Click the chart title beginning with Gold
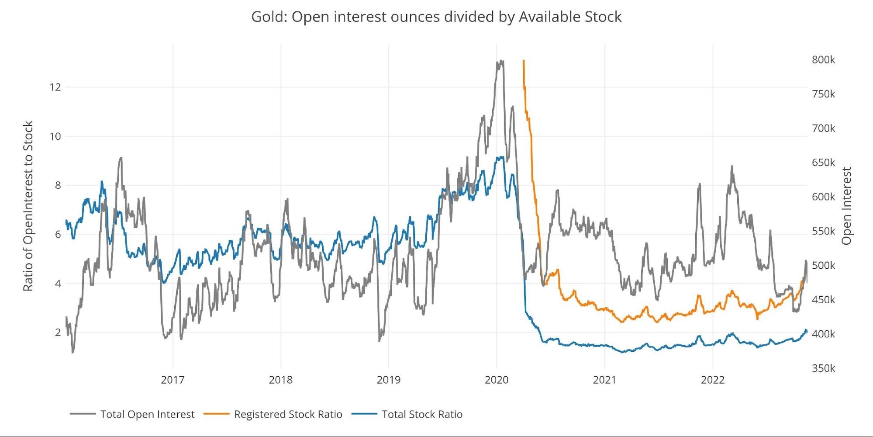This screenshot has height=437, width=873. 436,17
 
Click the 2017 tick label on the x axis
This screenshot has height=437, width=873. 173,380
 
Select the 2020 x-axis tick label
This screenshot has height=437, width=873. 497,380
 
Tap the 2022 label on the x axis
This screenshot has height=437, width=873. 713,380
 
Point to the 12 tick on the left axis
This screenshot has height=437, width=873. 55,87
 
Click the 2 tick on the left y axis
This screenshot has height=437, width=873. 58,333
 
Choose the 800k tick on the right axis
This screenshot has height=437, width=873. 823,60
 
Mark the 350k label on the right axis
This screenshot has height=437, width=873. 823,368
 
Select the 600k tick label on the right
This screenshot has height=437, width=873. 823,197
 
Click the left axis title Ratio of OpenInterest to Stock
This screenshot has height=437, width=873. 28,206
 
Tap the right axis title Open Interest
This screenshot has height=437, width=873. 847,206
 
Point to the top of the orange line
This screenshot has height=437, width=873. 523,61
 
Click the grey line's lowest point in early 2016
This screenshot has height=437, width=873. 72,352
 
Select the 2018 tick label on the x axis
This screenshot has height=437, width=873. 280,380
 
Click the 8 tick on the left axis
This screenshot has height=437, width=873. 58,185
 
